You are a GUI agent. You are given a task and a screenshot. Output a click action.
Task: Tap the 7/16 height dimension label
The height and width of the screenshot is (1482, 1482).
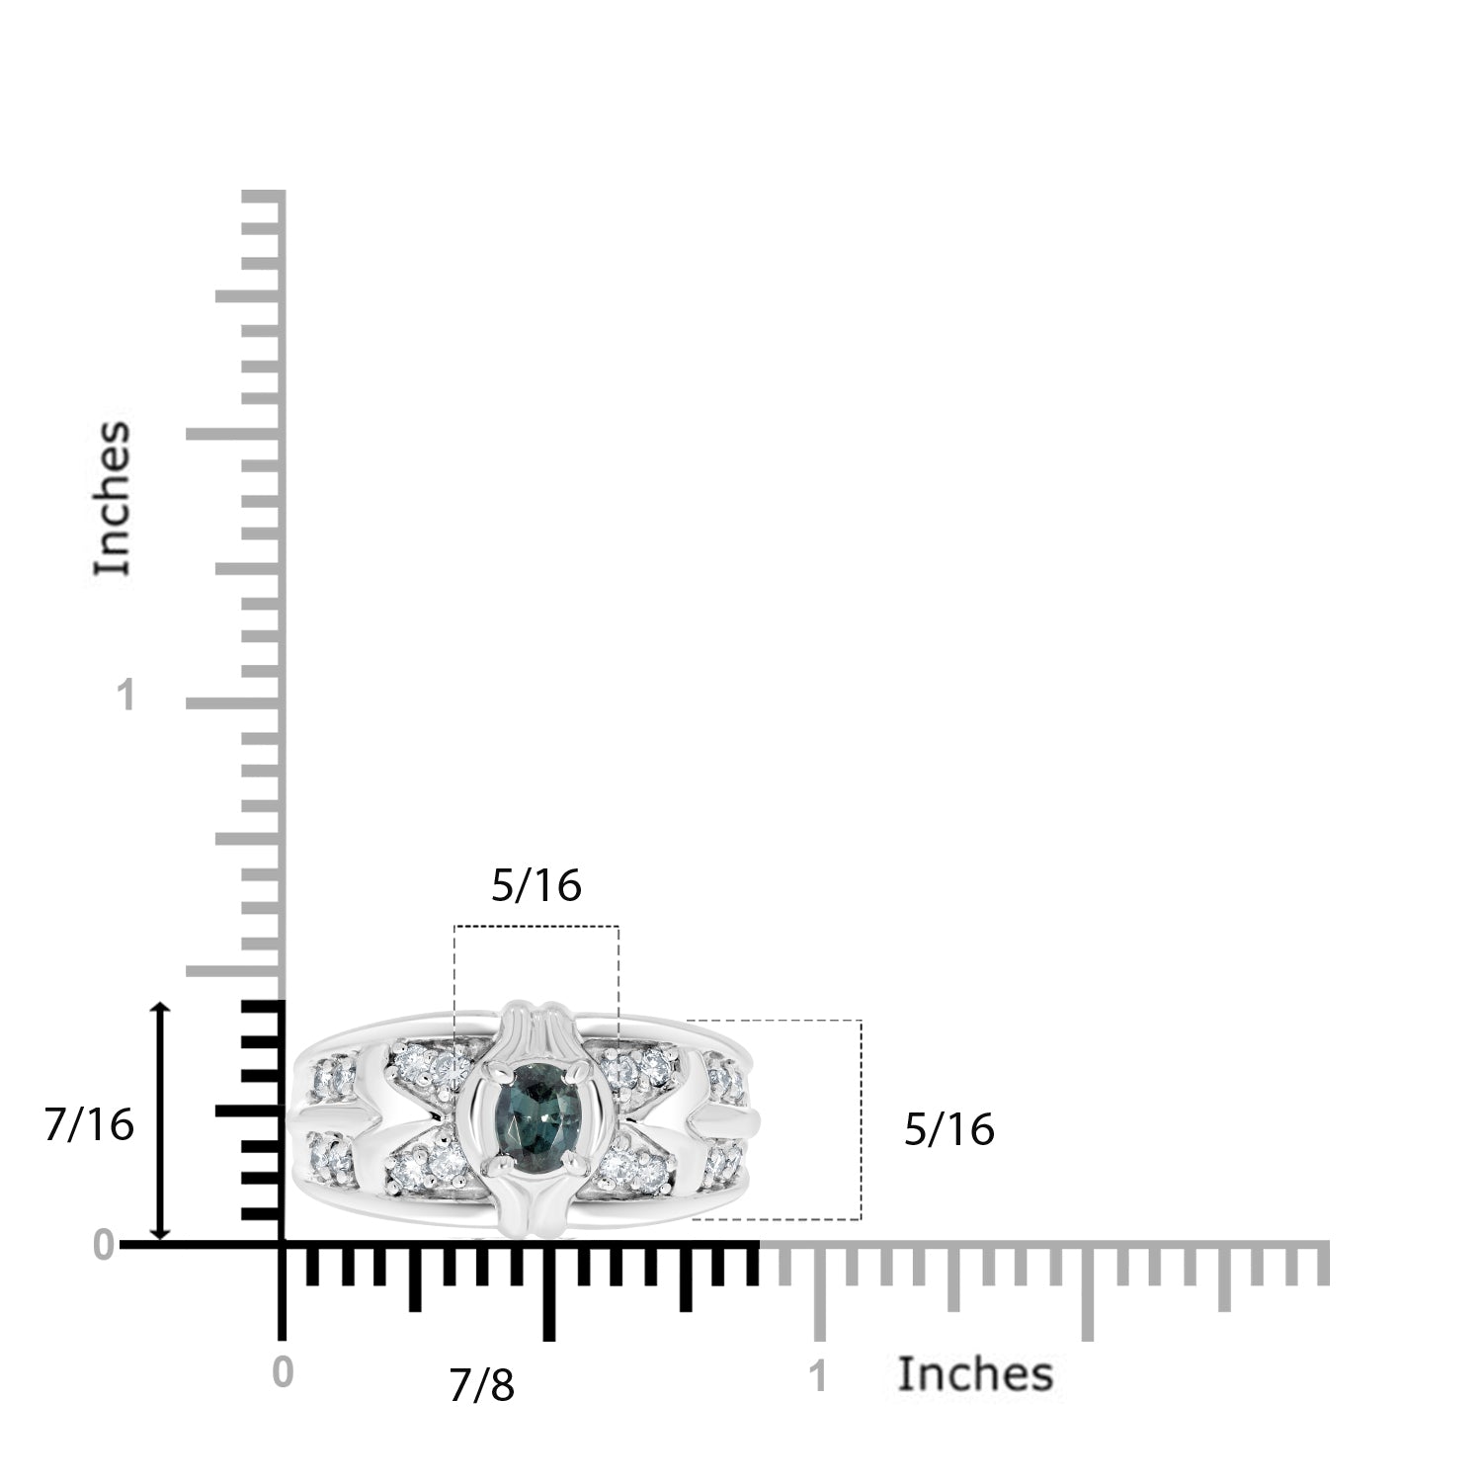click(x=89, y=1124)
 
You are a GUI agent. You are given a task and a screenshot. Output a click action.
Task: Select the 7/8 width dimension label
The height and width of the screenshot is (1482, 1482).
click(x=482, y=1386)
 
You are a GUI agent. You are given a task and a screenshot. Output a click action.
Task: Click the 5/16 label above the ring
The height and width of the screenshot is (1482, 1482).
click(x=536, y=886)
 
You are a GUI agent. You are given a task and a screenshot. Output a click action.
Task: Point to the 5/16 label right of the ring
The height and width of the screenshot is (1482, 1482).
click(x=949, y=1129)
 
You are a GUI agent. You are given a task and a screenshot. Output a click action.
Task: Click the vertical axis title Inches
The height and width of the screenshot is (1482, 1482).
click(x=113, y=498)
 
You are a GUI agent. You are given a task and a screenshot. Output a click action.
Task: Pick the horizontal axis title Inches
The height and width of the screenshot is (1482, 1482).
click(x=975, y=1374)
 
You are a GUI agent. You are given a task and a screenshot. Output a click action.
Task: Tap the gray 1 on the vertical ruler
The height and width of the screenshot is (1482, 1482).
click(x=124, y=697)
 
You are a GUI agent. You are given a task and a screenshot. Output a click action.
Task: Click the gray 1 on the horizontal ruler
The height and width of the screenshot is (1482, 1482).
click(x=818, y=1377)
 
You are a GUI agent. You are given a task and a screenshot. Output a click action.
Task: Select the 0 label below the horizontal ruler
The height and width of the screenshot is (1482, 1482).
click(x=283, y=1374)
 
